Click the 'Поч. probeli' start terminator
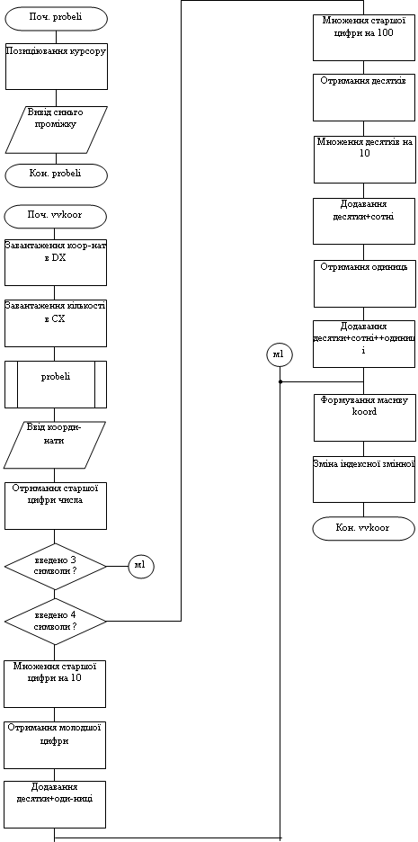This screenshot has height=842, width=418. point(57,18)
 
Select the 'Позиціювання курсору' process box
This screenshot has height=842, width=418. point(57,66)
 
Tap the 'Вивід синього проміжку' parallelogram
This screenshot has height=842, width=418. point(57,130)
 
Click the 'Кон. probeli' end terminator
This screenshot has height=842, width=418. point(57,175)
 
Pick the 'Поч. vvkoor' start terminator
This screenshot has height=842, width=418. point(55,217)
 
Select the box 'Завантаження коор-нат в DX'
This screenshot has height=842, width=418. point(55,262)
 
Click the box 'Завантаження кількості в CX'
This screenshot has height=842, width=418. point(55,323)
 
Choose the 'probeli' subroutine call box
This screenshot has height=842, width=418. point(55,384)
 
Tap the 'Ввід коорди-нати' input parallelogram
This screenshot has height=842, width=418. point(55,444)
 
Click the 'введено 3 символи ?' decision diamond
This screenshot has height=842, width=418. point(55,566)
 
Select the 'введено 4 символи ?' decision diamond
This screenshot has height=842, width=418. point(55,622)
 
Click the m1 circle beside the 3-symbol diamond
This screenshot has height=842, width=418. point(141,566)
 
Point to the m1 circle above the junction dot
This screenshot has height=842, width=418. point(280,355)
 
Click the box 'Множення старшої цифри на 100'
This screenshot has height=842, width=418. point(364,37)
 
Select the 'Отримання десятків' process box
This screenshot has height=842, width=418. point(364,98)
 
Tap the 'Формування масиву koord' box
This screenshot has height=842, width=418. point(364,417)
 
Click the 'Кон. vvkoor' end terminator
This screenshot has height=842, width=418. point(364,528)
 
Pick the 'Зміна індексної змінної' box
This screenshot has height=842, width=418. point(364,479)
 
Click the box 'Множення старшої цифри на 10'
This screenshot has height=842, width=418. point(55,684)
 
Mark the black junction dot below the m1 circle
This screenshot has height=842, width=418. point(280,381)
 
